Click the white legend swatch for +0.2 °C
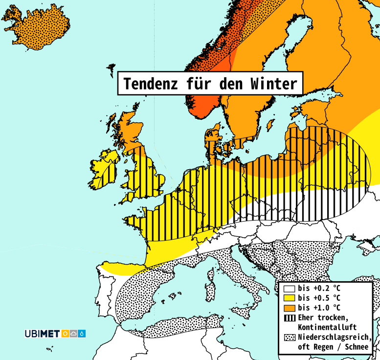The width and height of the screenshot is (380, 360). pos(290,289)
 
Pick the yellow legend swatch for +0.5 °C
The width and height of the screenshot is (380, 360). pos(290,298)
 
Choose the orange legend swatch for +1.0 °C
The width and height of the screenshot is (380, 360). pos(290,308)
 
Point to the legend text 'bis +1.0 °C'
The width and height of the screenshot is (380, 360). pos(319,308)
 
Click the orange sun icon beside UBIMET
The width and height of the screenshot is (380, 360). pos(66,334)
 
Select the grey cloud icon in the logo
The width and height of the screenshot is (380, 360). pos(74,334)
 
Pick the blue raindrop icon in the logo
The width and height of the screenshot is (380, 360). pos(82,334)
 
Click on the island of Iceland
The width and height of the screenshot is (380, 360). pos(37,27)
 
